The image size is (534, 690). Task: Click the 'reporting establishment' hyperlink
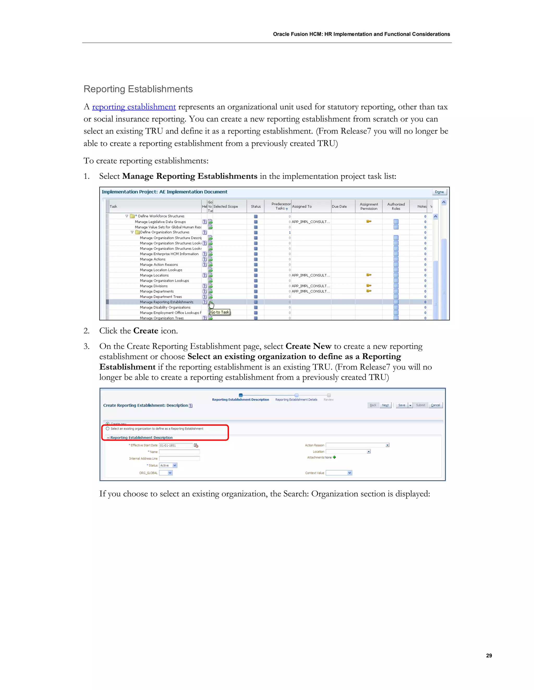coord(134,107)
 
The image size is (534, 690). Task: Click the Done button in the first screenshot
coord(439,192)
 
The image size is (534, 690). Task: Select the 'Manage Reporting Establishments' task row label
coord(166,302)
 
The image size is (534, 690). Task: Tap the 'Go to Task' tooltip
coord(220,312)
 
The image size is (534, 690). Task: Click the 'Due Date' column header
coord(339,206)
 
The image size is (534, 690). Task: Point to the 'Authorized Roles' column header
coord(396,206)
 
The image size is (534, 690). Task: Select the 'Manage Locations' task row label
coord(154,275)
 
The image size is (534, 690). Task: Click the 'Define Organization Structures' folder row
coord(165,232)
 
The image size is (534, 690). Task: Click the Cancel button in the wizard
coord(435,405)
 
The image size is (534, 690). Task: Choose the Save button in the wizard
coord(402,405)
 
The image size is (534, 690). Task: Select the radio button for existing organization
coord(108,429)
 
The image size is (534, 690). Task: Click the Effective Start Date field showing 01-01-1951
coord(175,446)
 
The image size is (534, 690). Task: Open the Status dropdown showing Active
coord(175,465)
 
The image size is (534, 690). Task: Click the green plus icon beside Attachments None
coord(334,457)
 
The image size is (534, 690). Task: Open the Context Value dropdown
coord(350,473)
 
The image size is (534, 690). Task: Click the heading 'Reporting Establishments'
coord(138,89)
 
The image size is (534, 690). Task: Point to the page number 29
coord(489,656)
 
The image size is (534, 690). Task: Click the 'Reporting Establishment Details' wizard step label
coord(296,400)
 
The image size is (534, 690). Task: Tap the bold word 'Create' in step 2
coord(145,331)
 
